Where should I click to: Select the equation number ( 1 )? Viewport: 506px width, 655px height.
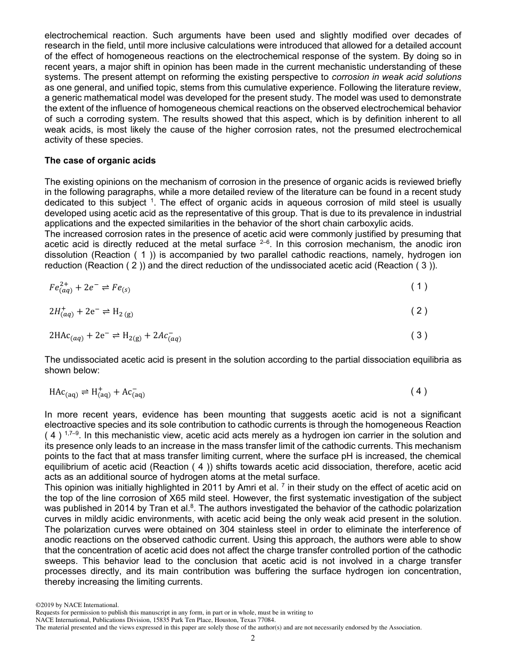tap(419, 286)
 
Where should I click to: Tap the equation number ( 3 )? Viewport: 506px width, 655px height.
tap(419, 335)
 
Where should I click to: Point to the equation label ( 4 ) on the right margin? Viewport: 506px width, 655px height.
tap(419, 391)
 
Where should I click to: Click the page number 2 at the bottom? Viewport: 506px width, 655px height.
tap(253, 638)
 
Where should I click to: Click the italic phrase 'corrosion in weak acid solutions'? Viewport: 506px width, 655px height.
tap(396, 77)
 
